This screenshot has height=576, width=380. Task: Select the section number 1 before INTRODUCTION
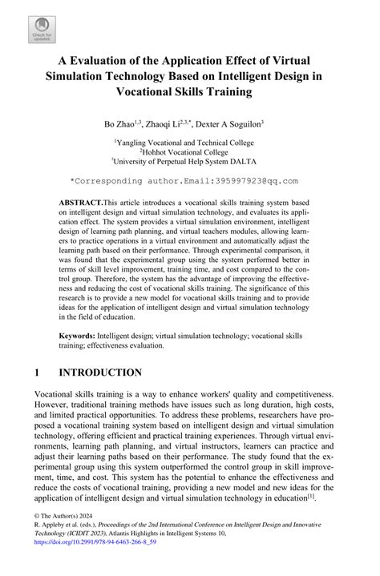click(x=38, y=373)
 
